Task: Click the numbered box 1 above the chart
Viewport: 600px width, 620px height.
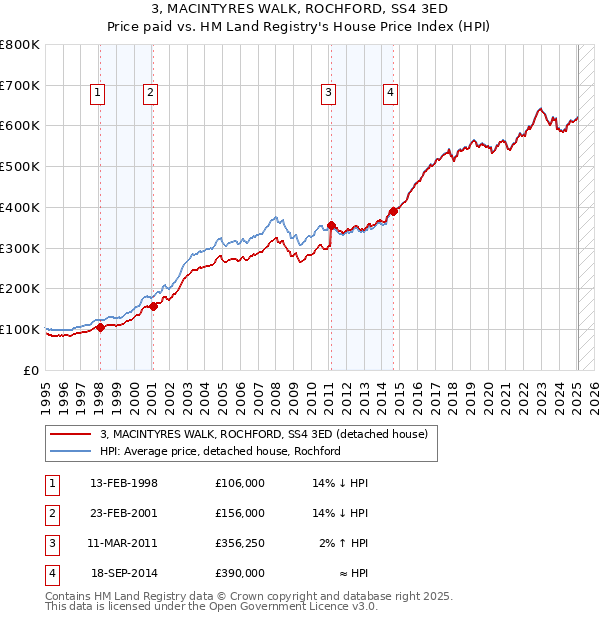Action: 98,94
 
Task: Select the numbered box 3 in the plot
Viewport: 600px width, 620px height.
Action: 328,94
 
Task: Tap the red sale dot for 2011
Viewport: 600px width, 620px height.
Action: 331,225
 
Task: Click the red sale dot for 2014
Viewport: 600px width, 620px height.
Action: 393,211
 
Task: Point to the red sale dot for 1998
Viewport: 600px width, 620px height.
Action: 100,327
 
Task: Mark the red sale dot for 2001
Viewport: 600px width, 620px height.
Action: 153,307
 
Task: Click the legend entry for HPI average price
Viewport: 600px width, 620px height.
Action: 220,451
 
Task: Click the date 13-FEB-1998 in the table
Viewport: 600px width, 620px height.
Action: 124,484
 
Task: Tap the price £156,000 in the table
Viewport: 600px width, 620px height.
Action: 240,514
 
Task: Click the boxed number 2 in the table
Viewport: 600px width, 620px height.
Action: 50,514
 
